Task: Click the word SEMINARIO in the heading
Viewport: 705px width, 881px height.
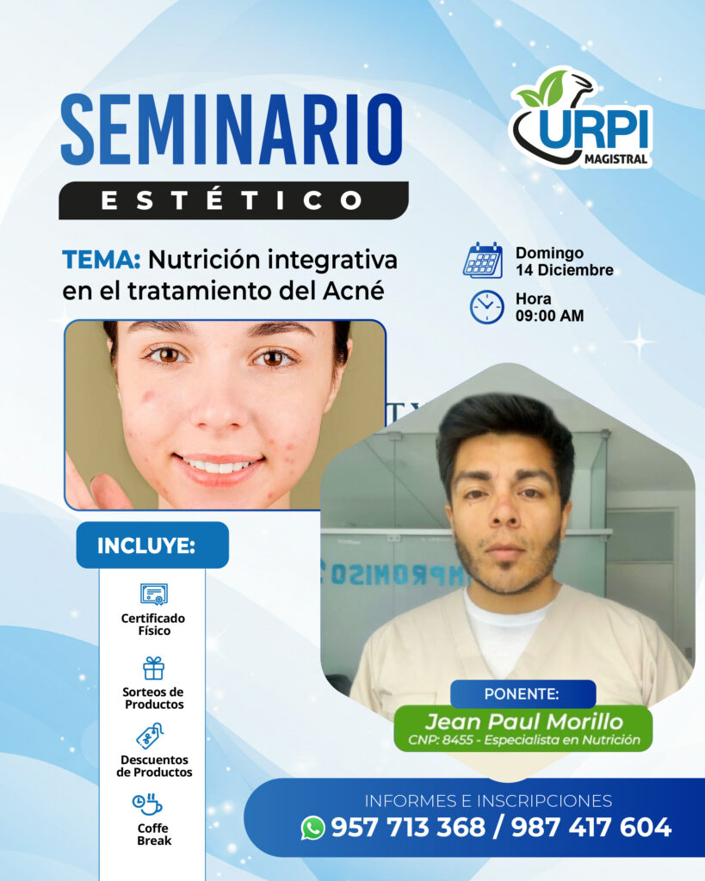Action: [232, 130]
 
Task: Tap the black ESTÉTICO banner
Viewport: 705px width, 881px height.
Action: [233, 200]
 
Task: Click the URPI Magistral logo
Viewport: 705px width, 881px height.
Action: [581, 119]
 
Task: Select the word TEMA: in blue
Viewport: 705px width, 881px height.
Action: [102, 260]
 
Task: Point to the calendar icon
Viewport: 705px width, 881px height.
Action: [483, 260]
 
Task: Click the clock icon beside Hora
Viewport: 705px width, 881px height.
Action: [487, 307]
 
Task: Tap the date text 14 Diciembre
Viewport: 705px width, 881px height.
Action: [565, 270]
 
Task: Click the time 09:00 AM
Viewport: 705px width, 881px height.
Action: [550, 316]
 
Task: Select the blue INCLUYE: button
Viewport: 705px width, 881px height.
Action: [152, 545]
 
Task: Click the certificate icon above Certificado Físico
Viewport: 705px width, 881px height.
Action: [154, 594]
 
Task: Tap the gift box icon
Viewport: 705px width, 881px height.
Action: [153, 668]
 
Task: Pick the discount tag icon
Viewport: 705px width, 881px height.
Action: [150, 736]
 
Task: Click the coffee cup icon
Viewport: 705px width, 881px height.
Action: [147, 804]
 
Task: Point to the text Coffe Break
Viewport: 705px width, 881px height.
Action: [153, 835]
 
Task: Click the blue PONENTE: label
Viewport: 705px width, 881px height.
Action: [523, 694]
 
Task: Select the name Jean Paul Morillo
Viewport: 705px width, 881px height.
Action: [524, 722]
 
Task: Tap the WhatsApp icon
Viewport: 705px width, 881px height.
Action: [313, 828]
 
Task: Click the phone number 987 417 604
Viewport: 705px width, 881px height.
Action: [591, 827]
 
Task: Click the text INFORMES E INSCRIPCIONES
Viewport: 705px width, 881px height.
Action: [488, 801]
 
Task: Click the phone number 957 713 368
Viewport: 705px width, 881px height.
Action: [408, 827]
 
